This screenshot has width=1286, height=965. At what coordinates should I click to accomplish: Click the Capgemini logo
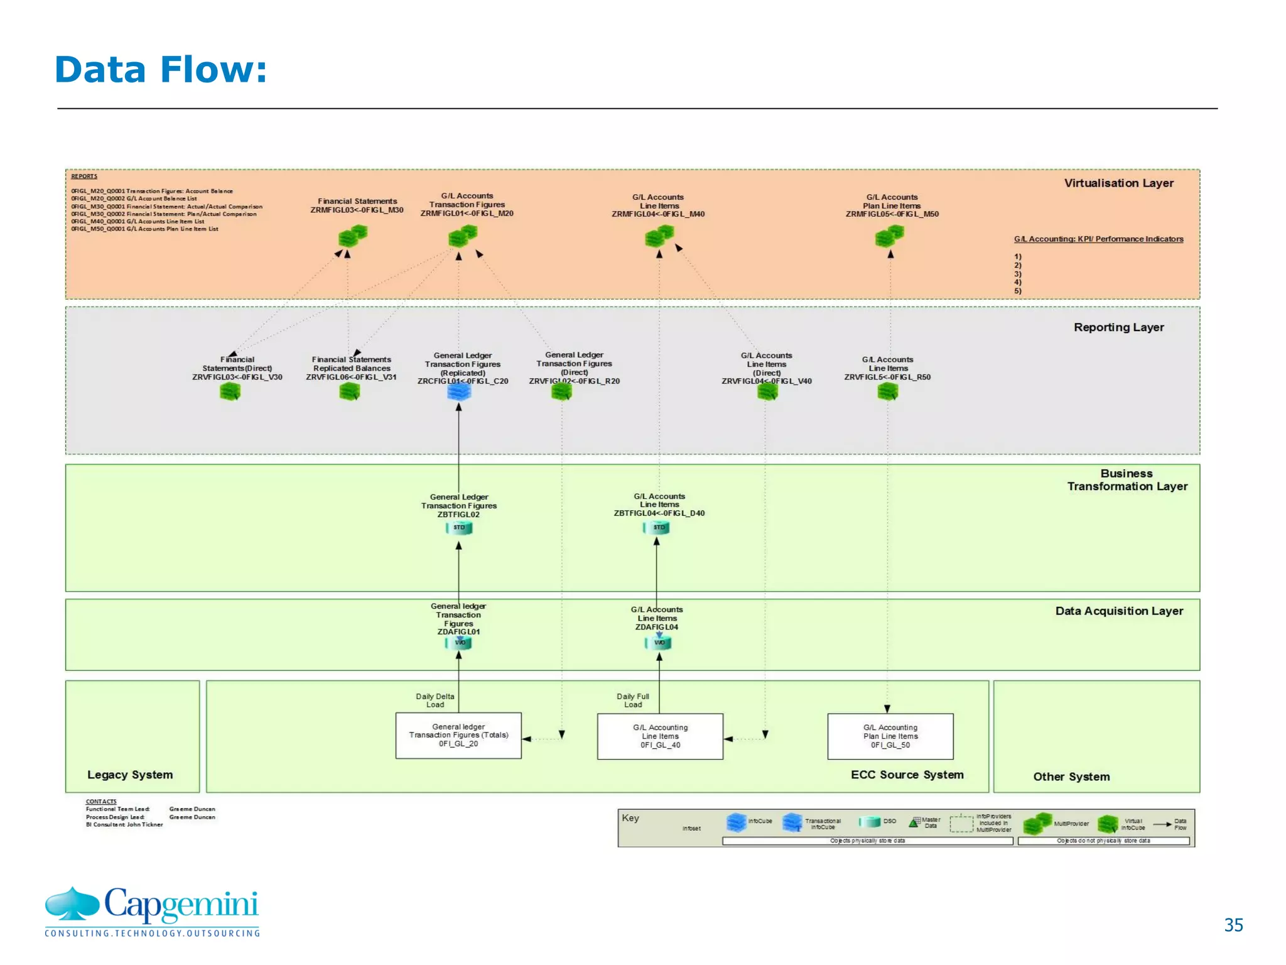tap(152, 911)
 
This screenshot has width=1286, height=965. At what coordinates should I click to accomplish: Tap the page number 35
tap(1233, 925)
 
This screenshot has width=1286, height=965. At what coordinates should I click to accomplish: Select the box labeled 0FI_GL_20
tap(458, 736)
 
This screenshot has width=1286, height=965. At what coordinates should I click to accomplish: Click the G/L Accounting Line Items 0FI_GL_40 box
tap(660, 736)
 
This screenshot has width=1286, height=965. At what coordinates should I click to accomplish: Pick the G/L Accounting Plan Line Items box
tap(890, 736)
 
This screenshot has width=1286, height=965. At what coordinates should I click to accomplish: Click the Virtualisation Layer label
tap(1118, 183)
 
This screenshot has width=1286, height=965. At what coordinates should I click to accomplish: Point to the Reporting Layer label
tap(1118, 327)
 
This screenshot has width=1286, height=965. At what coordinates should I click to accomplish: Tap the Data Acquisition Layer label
tap(1118, 611)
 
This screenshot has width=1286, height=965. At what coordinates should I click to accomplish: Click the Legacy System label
tap(130, 775)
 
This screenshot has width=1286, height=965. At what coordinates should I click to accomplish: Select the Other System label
tap(1071, 777)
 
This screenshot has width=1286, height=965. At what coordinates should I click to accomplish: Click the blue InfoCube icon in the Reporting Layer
tap(459, 391)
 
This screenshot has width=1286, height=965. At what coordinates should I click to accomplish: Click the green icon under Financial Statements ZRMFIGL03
tap(352, 236)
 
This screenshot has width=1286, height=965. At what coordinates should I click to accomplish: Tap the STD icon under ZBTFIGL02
tap(459, 528)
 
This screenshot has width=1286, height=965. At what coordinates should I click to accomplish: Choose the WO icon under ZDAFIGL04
tap(659, 643)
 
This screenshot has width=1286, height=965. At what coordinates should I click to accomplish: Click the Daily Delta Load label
tap(435, 701)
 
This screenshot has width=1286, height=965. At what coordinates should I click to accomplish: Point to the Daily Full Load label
tap(632, 701)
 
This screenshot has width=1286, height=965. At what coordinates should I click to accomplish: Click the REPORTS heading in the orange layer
tap(84, 177)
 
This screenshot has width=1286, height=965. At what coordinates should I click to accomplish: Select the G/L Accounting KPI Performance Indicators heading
tap(1098, 239)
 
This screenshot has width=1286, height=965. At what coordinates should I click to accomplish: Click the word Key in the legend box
tap(630, 818)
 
